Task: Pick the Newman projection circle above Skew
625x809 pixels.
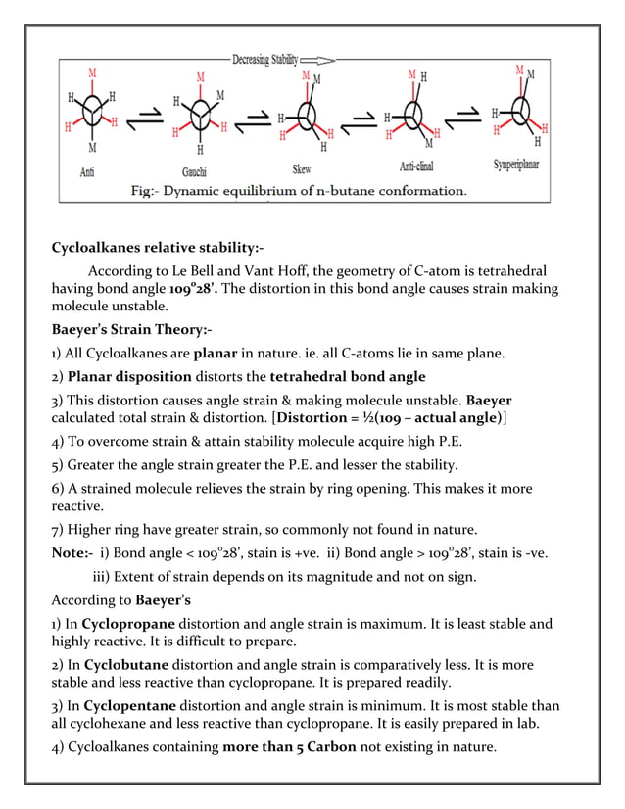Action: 308,117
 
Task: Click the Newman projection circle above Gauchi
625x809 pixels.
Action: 200,116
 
